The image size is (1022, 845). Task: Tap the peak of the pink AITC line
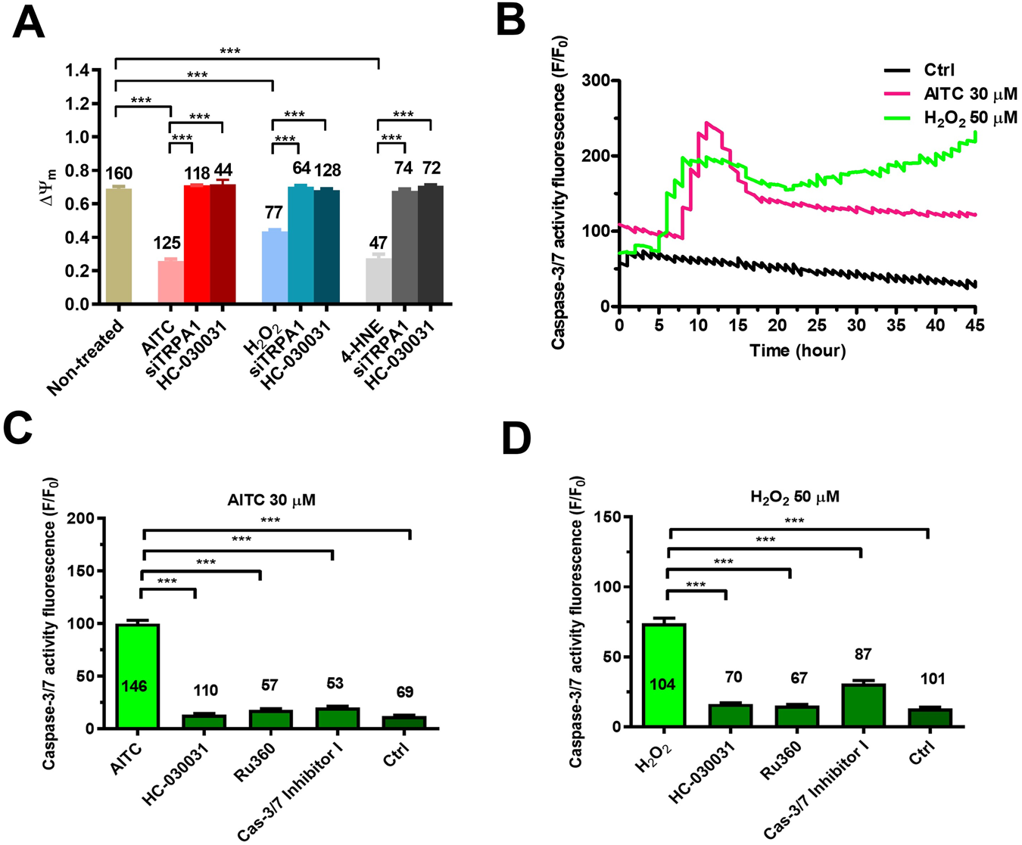707,123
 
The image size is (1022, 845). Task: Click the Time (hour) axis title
797,351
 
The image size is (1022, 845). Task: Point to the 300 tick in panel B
597,80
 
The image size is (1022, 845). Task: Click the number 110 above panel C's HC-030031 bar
205,690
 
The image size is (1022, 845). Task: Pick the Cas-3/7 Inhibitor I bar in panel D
851,705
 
